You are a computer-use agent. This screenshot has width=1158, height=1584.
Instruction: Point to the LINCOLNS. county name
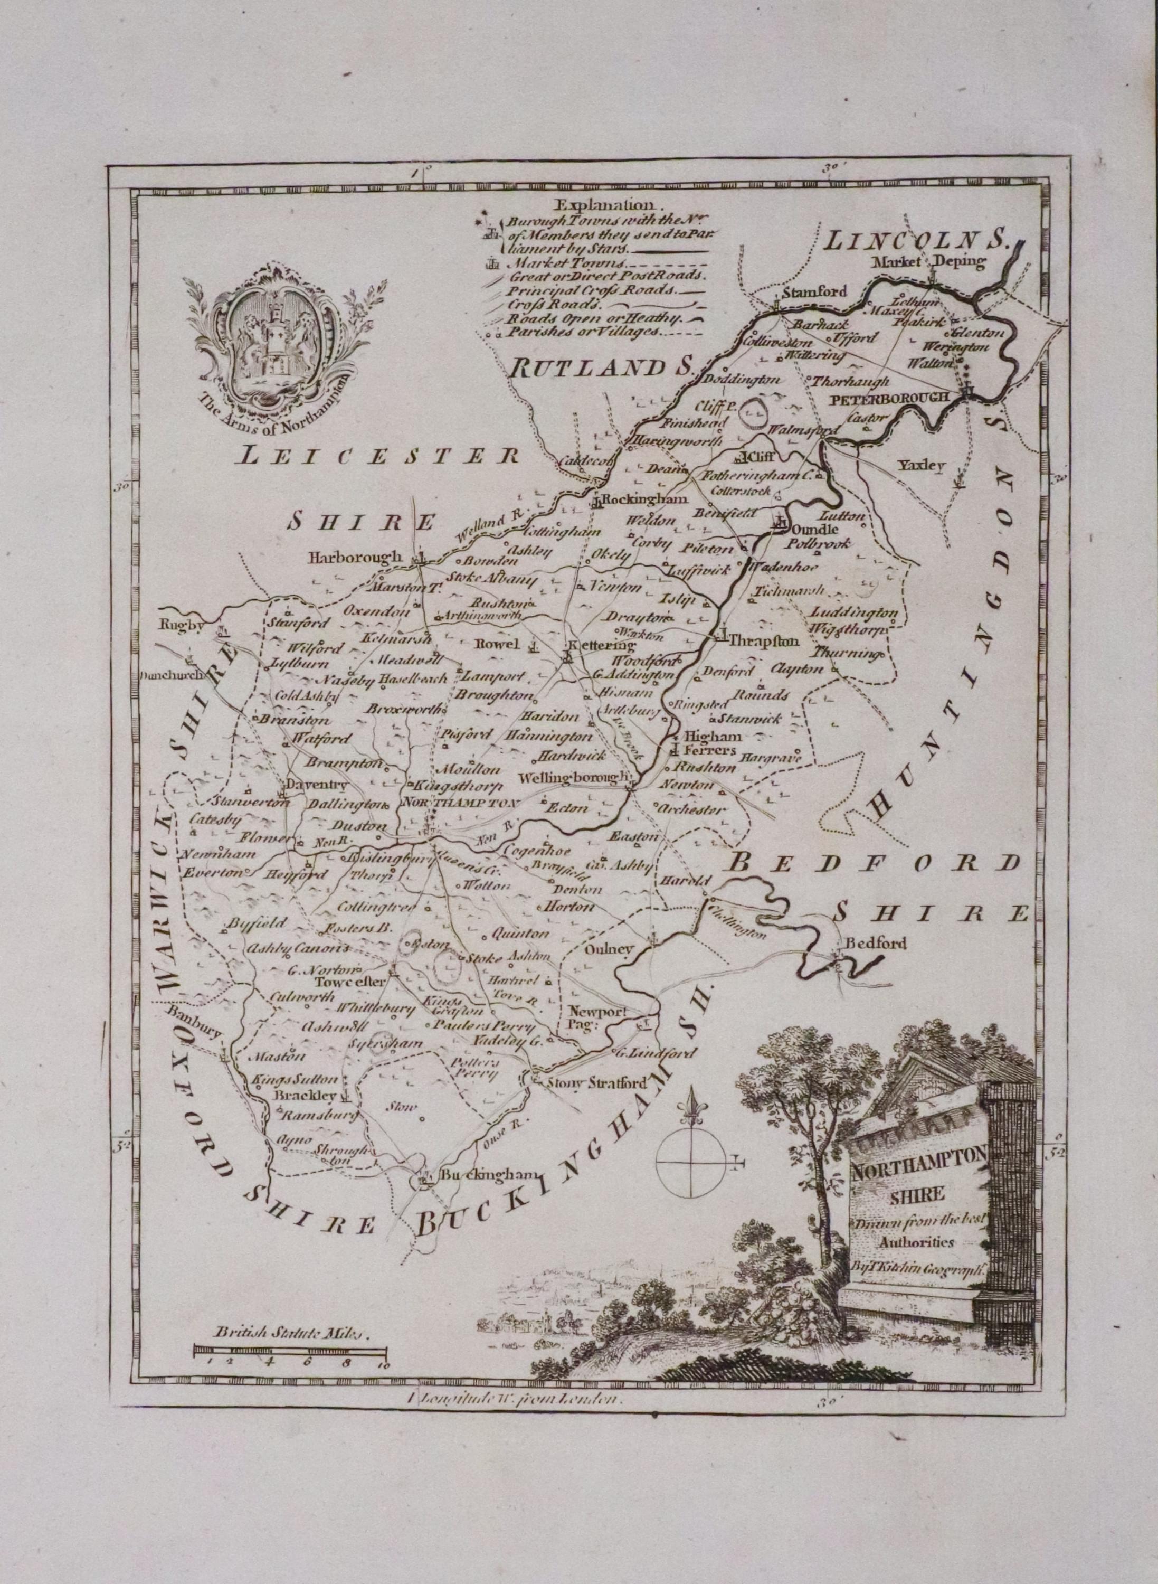point(917,242)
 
